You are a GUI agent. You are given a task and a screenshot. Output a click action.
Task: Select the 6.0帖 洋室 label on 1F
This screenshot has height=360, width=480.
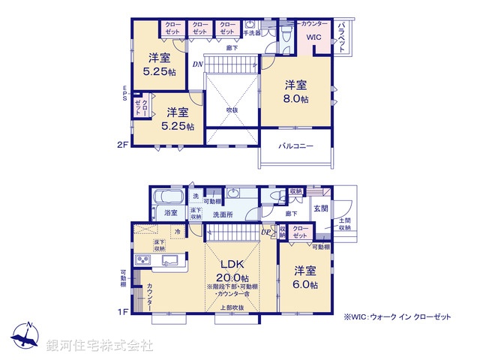pyautogui.click(x=305, y=277)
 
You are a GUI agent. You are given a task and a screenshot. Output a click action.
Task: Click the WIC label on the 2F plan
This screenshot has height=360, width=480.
pyautogui.click(x=313, y=37)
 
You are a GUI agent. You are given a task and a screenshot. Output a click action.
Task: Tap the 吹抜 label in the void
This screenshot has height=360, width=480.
pyautogui.click(x=232, y=109)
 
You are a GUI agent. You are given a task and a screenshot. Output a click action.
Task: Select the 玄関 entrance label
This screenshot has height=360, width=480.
pyautogui.click(x=321, y=208)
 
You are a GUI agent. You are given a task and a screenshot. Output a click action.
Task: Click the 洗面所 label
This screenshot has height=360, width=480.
pyautogui.click(x=223, y=214)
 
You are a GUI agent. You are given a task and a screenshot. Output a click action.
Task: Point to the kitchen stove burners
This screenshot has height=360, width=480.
pyautogui.click(x=142, y=260)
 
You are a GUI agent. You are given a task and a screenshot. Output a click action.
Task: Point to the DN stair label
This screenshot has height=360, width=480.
pyautogui.click(x=196, y=64)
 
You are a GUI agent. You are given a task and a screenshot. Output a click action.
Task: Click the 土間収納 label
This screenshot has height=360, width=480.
pyautogui.click(x=344, y=225)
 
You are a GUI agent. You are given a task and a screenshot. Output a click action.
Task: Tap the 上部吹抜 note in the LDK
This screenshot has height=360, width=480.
pyautogui.click(x=231, y=308)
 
